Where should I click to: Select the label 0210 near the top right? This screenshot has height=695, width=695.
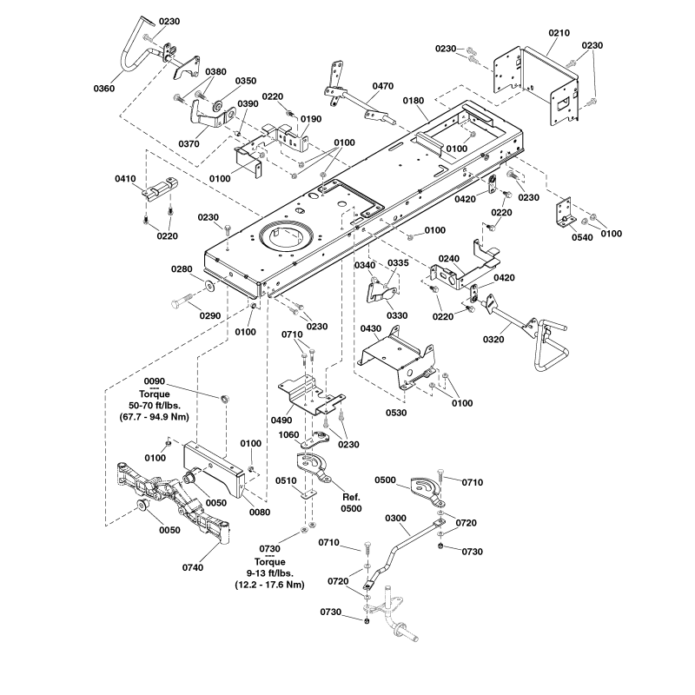tap(559, 33)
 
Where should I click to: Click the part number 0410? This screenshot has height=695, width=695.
tap(127, 180)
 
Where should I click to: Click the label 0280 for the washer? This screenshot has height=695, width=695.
tap(182, 269)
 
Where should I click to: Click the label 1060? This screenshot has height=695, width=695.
tap(290, 434)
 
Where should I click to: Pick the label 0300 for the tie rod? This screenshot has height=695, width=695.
tap(396, 519)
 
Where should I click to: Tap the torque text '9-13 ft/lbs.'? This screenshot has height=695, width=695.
tap(269, 573)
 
